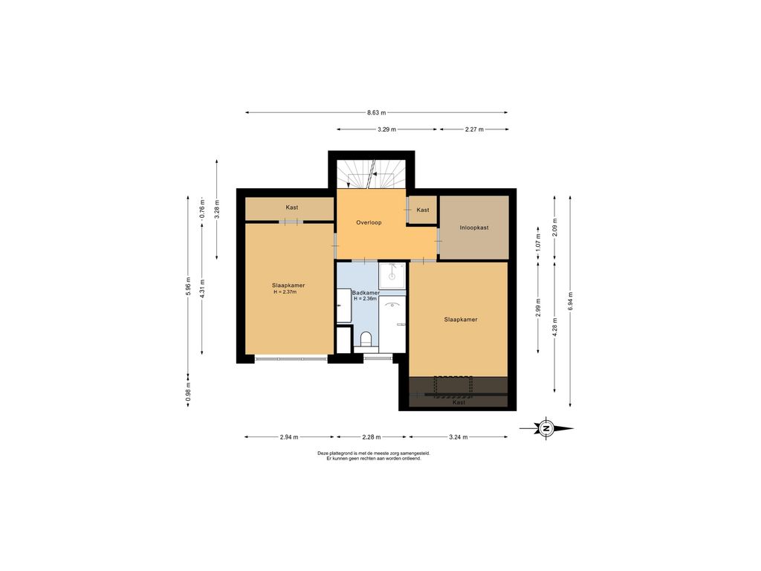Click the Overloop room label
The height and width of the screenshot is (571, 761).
tap(369, 222)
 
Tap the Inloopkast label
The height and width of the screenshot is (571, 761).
tap(474, 228)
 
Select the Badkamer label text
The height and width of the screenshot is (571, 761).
tap(366, 293)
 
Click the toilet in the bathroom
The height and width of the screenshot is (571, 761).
tap(366, 338)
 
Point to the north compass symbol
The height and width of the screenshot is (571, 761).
tap(546, 428)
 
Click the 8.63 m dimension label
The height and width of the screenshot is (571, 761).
tap(377, 113)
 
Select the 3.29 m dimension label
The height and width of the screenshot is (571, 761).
tap(386, 129)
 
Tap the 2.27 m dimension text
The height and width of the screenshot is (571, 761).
tap(474, 129)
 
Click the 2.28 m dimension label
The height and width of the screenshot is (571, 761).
tap(372, 437)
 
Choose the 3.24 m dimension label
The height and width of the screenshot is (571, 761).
tap(458, 437)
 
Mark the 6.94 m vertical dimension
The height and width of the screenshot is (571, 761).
tap(570, 301)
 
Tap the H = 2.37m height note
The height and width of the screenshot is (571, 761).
tap(285, 291)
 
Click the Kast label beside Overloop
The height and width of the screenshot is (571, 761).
tap(423, 210)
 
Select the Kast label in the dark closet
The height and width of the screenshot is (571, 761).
tap(459, 402)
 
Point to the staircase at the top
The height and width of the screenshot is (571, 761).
tap(372, 174)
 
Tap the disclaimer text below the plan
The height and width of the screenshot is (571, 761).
tap(374, 456)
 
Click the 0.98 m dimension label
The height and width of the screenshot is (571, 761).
tap(188, 393)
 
